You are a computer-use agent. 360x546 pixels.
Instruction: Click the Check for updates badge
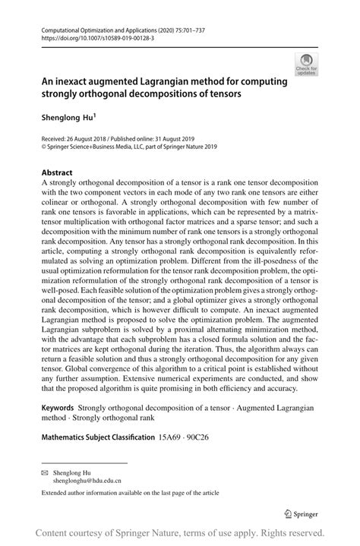pyautogui.click(x=307, y=65)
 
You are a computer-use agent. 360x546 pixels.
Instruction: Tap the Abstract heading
pyautogui.click(x=58, y=172)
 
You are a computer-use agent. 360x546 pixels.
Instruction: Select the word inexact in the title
pyautogui.click(x=74, y=82)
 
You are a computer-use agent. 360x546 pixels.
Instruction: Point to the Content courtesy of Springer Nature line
pyautogui.click(x=180, y=532)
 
